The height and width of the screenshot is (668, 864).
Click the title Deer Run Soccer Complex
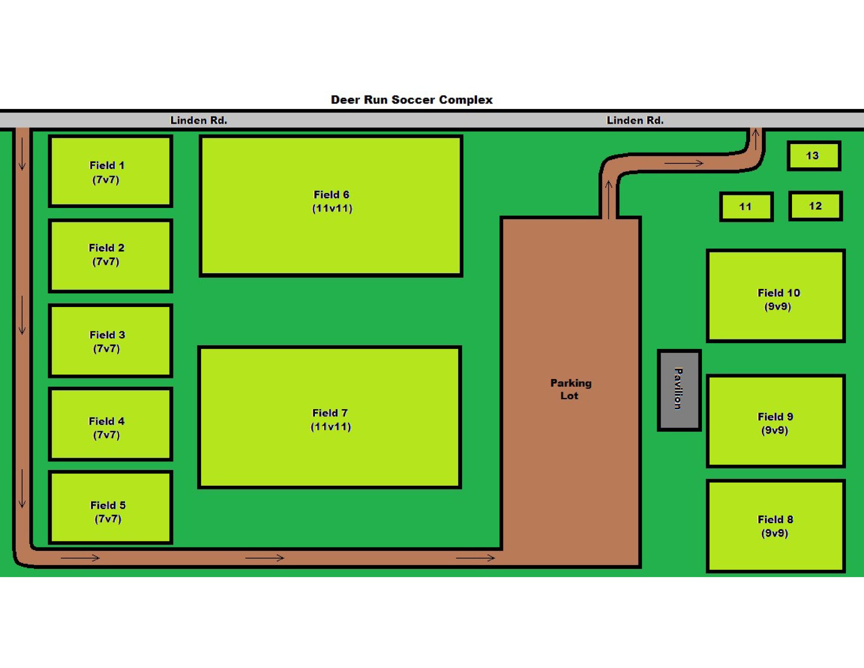(x=411, y=99)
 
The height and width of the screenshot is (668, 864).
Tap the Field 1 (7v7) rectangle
(x=110, y=172)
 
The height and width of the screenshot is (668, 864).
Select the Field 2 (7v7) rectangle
(x=110, y=256)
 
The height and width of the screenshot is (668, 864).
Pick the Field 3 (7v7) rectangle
(x=110, y=341)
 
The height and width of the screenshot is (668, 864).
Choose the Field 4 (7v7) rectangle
(x=110, y=424)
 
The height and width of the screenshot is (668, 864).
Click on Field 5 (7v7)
(x=110, y=508)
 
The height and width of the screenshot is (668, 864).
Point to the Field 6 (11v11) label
(x=332, y=201)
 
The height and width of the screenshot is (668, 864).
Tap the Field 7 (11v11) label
(x=330, y=420)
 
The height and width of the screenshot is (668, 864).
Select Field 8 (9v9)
(x=775, y=526)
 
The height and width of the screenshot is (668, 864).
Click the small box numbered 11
(x=746, y=207)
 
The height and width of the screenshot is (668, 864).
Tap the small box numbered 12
(x=815, y=206)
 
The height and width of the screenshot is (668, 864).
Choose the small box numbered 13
(x=814, y=156)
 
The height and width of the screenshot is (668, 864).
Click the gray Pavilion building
(x=679, y=390)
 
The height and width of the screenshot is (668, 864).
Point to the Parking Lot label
(x=570, y=389)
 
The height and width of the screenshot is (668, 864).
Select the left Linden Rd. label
(x=198, y=120)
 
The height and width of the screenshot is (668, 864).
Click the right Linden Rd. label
(x=635, y=120)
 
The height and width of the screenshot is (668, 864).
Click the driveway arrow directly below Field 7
(x=265, y=558)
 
